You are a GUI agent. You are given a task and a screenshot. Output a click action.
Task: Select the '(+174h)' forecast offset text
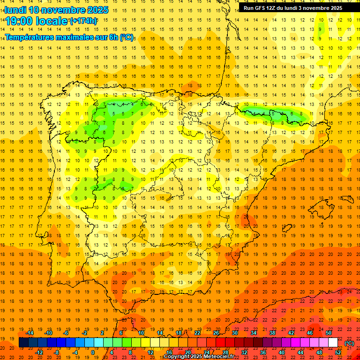(83, 21)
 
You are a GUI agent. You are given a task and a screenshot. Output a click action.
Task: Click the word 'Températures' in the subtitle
(32, 37)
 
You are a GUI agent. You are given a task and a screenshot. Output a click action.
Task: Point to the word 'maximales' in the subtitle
(80, 37)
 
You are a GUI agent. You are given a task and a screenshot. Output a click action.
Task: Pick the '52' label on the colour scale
(338, 352)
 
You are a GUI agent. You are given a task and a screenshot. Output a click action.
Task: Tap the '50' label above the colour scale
(329, 333)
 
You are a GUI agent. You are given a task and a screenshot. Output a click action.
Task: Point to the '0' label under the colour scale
(93, 352)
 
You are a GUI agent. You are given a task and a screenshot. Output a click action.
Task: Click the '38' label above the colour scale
(272, 333)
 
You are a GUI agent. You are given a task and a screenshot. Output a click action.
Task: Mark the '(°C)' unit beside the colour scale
(349, 343)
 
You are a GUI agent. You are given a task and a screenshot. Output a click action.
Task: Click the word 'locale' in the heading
(53, 21)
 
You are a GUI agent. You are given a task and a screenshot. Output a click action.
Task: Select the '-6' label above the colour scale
(66, 333)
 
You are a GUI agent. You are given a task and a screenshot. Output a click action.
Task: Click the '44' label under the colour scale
(300, 352)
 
